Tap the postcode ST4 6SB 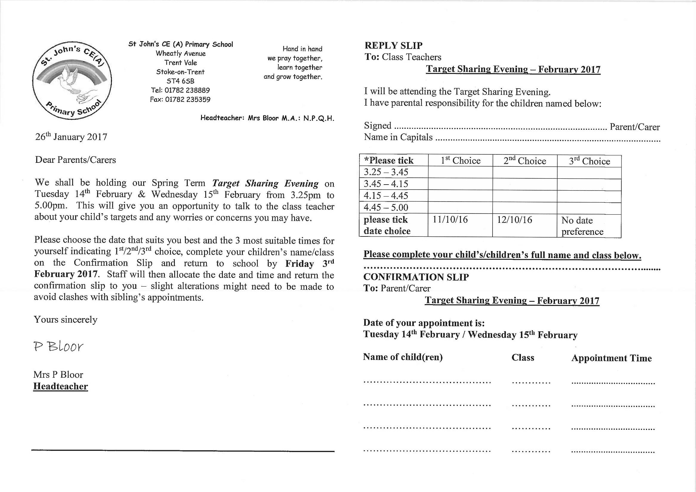[x=180, y=81]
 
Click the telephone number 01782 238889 [x=187, y=90]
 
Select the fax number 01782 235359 [x=187, y=99]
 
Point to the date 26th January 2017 [x=71, y=137]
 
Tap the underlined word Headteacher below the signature [x=61, y=386]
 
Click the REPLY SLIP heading [x=393, y=45]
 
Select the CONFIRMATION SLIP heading [x=416, y=277]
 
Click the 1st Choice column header [x=460, y=160]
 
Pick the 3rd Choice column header [x=589, y=161]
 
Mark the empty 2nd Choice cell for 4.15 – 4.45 [x=525, y=196]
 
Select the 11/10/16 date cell [x=450, y=220]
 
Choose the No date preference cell [x=582, y=226]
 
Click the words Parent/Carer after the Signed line [x=635, y=127]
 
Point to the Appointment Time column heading [x=612, y=358]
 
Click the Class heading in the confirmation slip [x=523, y=358]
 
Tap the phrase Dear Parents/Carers [x=75, y=160]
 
